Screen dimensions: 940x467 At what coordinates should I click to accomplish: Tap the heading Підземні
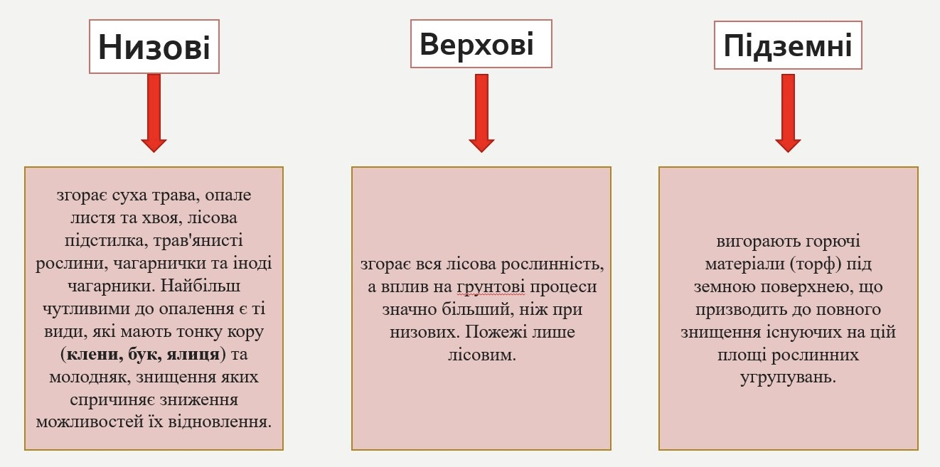tap(787, 46)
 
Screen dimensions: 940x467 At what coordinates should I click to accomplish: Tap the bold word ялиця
tap(195, 353)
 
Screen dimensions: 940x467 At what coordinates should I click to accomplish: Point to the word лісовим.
tap(481, 354)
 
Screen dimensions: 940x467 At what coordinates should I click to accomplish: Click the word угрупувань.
tap(788, 376)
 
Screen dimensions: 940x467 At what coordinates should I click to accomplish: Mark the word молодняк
tap(85, 376)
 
